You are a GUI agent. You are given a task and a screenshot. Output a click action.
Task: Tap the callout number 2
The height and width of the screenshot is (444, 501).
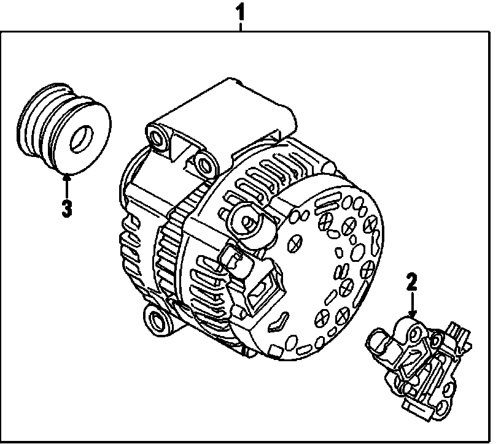[x=411, y=283]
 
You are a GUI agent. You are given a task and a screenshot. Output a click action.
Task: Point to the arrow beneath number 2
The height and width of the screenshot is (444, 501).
[x=412, y=305]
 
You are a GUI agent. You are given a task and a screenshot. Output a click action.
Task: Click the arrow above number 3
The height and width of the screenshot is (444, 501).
[x=67, y=184]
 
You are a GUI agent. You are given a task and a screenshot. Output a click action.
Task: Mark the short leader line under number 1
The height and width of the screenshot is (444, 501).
[x=241, y=25]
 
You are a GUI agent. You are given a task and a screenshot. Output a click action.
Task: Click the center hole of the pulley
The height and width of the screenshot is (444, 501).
[x=80, y=141]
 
